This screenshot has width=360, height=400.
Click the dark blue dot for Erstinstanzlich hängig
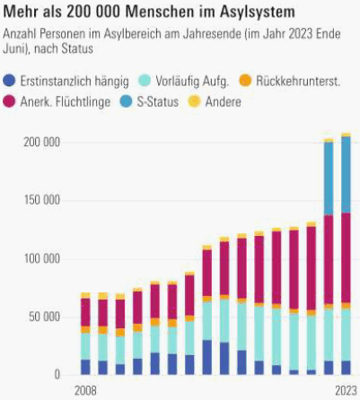tap(9, 81)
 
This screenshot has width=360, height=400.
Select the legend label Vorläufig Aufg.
tap(192, 81)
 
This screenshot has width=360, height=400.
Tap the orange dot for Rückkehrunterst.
tap(245, 81)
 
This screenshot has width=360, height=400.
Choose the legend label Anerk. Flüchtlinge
tap(66, 102)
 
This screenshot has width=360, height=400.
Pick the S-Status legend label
tap(158, 102)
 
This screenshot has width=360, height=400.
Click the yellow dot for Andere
tap(194, 102)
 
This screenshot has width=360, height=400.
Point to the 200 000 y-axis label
tap(42, 143)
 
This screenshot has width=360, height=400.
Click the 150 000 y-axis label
tap(42, 200)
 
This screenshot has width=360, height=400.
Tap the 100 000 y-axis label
tap(42, 258)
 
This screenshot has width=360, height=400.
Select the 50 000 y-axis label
tap(45, 317)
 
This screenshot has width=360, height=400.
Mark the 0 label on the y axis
tap(57, 375)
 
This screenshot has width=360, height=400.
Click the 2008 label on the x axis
tap(85, 391)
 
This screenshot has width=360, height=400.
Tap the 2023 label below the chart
tap(346, 391)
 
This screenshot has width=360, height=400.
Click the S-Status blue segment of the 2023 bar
tap(347, 175)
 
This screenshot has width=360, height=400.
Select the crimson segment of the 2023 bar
tap(347, 258)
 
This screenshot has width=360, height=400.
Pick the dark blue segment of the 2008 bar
tap(85, 367)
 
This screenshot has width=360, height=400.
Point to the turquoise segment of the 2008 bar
tap(85, 346)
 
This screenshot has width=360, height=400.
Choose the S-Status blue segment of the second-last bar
tap(329, 178)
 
